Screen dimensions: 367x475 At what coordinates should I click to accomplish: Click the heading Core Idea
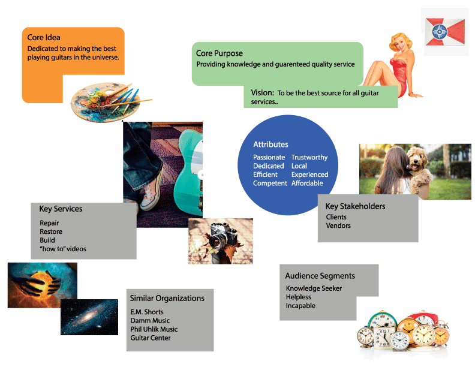click(x=44, y=38)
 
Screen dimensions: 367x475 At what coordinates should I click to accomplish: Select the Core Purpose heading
click(x=220, y=53)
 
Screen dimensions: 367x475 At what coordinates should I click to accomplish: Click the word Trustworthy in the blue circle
click(x=309, y=157)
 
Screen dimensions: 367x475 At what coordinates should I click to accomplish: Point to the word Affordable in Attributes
click(x=307, y=183)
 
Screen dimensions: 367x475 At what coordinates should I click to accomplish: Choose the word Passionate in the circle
click(x=269, y=157)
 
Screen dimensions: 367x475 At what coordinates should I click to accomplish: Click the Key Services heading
click(x=61, y=209)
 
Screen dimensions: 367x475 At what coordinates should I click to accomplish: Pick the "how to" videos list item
click(x=63, y=248)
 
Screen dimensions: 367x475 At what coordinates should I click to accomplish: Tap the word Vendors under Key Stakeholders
click(x=338, y=225)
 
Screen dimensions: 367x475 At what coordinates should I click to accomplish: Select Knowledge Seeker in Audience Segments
click(x=314, y=288)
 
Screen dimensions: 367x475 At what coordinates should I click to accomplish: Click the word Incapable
click(x=300, y=305)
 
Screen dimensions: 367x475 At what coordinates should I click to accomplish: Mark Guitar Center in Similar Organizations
click(x=151, y=338)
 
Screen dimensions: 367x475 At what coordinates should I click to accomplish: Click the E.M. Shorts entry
click(x=147, y=312)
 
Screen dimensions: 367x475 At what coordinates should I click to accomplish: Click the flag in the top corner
click(x=446, y=31)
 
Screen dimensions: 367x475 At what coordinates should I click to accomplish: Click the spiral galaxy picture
click(x=89, y=316)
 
